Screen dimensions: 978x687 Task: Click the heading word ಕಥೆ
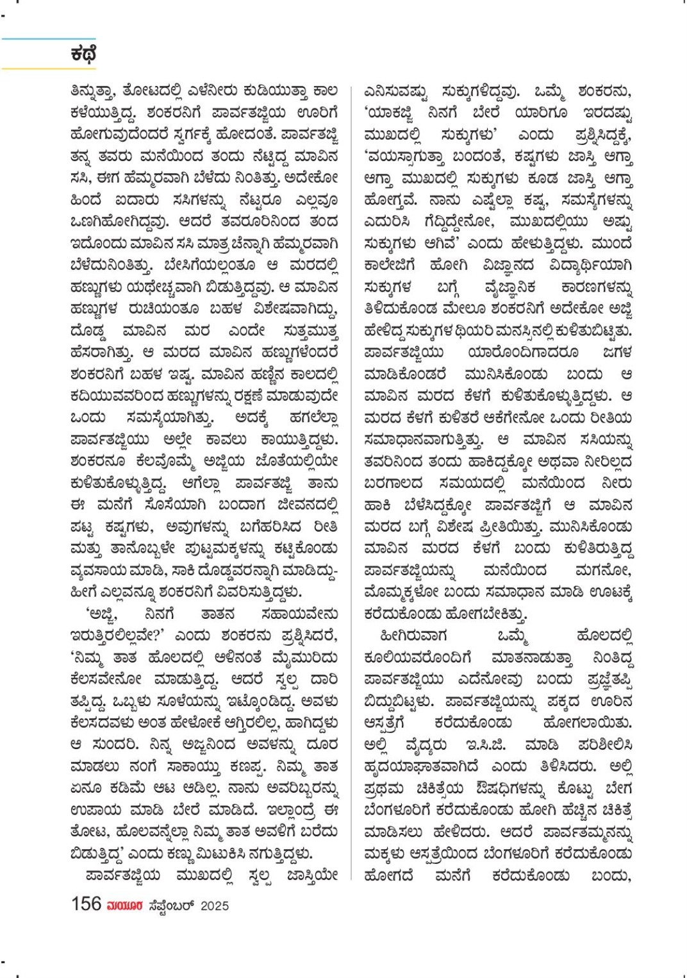point(83,54)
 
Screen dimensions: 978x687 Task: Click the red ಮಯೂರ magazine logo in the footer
point(125,906)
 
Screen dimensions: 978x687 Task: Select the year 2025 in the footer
point(215,906)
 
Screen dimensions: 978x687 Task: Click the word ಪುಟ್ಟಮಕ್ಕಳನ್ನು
point(205,549)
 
